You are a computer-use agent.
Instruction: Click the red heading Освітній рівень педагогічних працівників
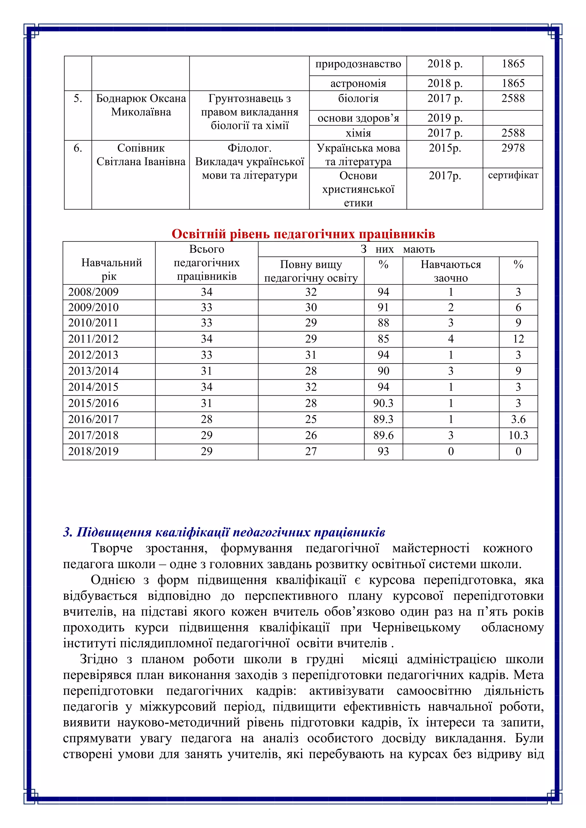coord(303,234)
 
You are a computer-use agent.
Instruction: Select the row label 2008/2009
coord(93,292)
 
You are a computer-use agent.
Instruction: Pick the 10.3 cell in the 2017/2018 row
coord(518,435)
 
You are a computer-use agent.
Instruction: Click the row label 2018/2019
coord(93,451)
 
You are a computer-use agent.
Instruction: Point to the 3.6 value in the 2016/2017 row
coord(518,419)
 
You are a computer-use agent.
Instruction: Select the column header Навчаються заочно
coord(451,271)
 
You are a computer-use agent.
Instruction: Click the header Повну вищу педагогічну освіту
coord(311,271)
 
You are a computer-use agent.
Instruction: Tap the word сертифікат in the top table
coord(513,175)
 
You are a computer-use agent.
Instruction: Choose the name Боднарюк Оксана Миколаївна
coord(141,105)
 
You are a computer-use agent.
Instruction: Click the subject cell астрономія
coord(358,83)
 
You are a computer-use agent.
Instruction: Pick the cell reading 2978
coord(513,148)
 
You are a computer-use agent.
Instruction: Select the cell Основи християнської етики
coord(358,189)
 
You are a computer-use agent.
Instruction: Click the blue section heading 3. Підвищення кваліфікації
coord(224,532)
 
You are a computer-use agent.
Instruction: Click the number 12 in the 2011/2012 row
coord(518,339)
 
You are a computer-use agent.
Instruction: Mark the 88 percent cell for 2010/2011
coord(383,322)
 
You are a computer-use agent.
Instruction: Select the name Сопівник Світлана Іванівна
coord(141,155)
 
